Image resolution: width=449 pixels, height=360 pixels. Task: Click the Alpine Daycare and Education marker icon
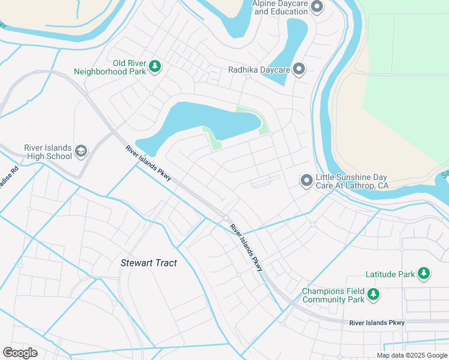point(318,7)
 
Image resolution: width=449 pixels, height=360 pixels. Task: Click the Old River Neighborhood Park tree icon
point(155,66)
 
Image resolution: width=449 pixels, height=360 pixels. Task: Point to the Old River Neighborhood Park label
point(109,67)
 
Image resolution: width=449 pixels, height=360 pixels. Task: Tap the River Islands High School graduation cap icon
point(81,152)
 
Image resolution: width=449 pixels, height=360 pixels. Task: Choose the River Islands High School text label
point(47,152)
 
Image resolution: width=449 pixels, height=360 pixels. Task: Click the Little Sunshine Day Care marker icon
point(307,180)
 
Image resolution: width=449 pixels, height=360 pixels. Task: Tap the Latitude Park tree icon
point(424,274)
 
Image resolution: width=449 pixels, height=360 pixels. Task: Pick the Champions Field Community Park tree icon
point(373,295)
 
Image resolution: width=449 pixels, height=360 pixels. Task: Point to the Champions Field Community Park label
point(333,295)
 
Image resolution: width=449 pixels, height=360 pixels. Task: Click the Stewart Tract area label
point(149,263)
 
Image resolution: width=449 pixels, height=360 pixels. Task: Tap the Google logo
point(20,353)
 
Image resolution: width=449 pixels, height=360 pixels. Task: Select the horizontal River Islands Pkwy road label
point(377,323)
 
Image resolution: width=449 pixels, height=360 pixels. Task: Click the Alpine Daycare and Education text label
point(280,7)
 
